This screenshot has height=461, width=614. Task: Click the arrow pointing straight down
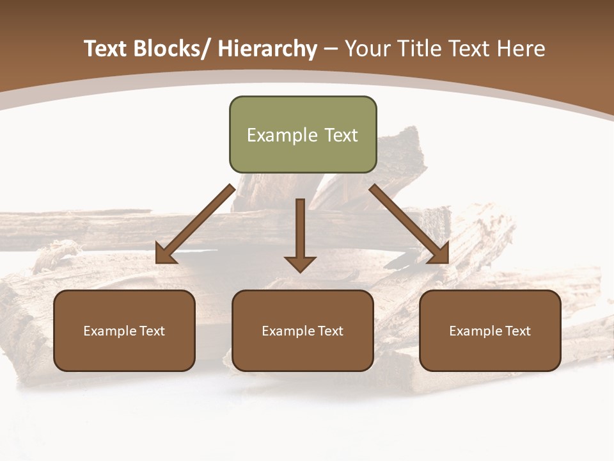pyautogui.click(x=300, y=230)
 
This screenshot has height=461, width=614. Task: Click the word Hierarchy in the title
pyautogui.click(x=267, y=49)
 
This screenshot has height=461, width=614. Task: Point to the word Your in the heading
pyautogui.click(x=367, y=49)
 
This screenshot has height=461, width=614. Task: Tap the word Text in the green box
pyautogui.click(x=340, y=135)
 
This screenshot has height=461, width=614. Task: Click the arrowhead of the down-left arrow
pyautogui.click(x=165, y=255)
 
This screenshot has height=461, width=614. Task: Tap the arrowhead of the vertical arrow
pyautogui.click(x=300, y=263)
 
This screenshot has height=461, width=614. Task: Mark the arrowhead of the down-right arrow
pyautogui.click(x=439, y=255)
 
